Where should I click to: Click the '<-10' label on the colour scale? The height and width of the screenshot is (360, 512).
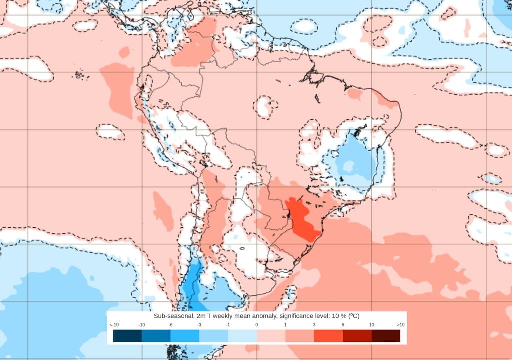114,325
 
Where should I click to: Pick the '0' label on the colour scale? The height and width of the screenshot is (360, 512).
257,325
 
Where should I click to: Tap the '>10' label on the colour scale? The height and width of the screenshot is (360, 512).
400,325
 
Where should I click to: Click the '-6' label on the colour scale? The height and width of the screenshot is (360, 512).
171,325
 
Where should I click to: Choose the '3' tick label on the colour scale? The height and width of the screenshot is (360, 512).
314,325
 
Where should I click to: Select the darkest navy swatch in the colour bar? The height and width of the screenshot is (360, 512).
127,336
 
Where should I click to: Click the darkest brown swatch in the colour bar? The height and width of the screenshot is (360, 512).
386,336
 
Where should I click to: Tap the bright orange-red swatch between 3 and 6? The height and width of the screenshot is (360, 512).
328,336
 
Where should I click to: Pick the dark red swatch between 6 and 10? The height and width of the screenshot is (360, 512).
357,336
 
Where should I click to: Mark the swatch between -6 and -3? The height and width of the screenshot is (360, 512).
185,336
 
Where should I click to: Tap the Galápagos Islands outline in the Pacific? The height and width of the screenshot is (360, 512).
79,75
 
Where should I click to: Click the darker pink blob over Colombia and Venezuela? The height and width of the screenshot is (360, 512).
197,47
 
